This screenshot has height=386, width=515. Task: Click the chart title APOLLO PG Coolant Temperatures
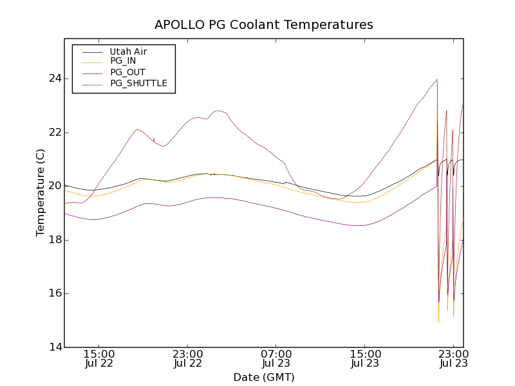(263, 25)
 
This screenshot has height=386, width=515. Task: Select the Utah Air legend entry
(128, 51)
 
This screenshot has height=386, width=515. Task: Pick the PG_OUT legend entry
(127, 73)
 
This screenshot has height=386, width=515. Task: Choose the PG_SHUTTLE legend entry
(138, 83)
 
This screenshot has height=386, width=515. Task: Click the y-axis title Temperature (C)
(41, 192)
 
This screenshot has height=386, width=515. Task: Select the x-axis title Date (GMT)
(263, 377)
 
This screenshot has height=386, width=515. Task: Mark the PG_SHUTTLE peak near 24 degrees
(437, 79)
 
